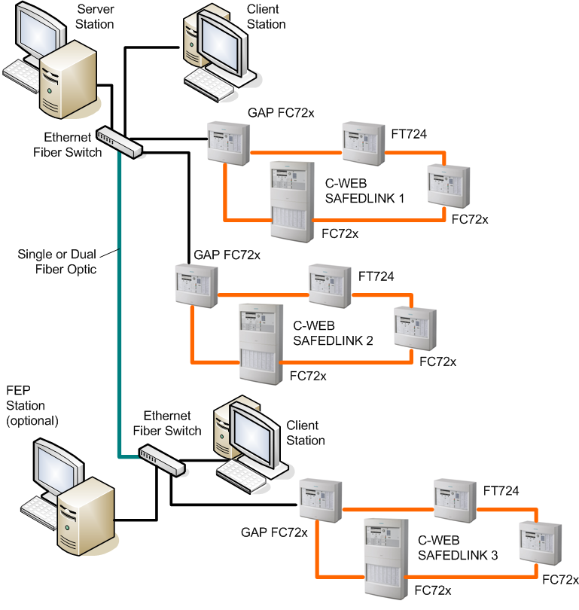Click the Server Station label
click(x=95, y=17)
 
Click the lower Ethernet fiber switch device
click(x=161, y=459)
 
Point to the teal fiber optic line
click(x=119, y=301)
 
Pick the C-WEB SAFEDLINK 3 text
click(x=458, y=548)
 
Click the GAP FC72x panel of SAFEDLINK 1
click(x=229, y=142)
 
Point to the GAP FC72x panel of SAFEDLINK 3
click(x=321, y=499)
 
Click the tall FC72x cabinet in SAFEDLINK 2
click(x=260, y=343)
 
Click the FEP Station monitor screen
click(x=55, y=468)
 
